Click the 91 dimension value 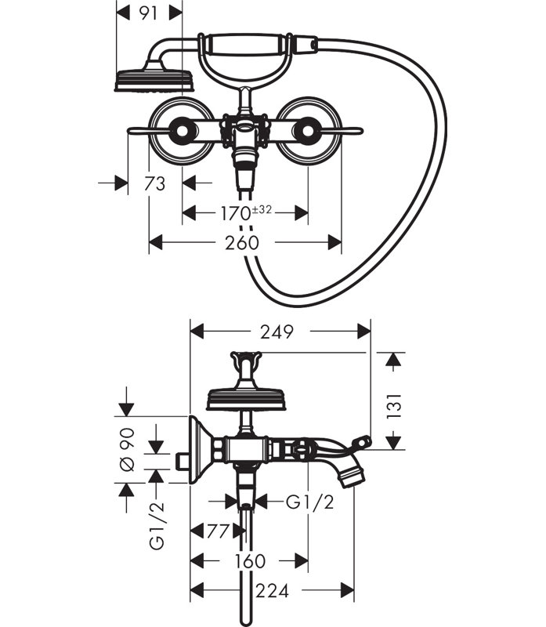point(149,13)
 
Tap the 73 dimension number point(154,184)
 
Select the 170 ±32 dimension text point(246,212)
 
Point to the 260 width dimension point(242,243)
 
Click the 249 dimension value point(277,332)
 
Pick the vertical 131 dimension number point(394,406)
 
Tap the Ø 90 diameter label point(127,449)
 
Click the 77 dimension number point(218,531)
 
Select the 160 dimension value point(248,561)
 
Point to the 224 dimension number point(272,591)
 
